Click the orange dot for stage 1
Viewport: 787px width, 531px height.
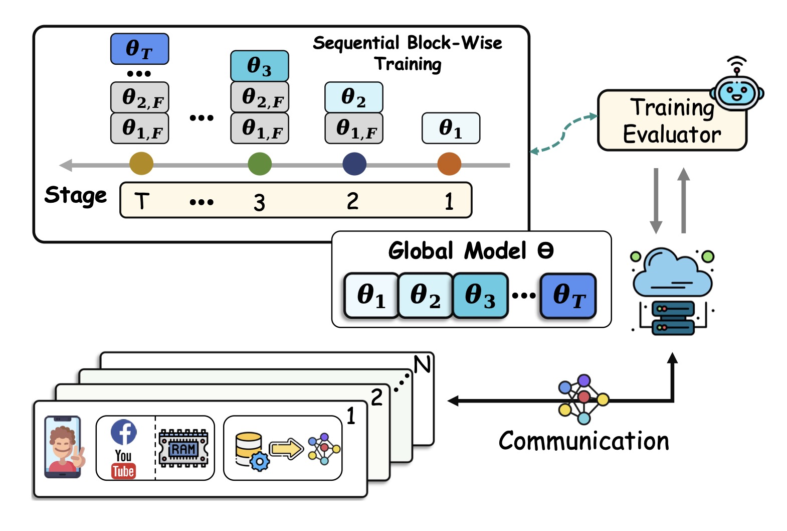(449, 164)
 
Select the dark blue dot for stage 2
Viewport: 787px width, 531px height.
(354, 164)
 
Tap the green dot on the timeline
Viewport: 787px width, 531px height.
(260, 164)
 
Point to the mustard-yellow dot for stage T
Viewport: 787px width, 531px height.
(141, 164)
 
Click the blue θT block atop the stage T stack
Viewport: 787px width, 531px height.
(139, 49)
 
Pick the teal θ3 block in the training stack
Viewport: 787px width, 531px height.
(259, 66)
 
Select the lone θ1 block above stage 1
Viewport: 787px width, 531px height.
(451, 128)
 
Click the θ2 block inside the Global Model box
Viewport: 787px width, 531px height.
(425, 295)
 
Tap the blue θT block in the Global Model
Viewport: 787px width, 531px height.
(568, 295)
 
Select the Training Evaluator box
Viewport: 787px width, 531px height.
(672, 121)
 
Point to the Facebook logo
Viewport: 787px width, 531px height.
(124, 432)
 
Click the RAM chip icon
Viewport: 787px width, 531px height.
(183, 449)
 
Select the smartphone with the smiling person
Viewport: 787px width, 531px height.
(63, 447)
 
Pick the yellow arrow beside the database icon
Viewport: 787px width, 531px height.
(286, 449)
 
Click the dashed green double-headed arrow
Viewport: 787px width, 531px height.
(564, 133)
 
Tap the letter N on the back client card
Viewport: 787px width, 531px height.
(422, 364)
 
